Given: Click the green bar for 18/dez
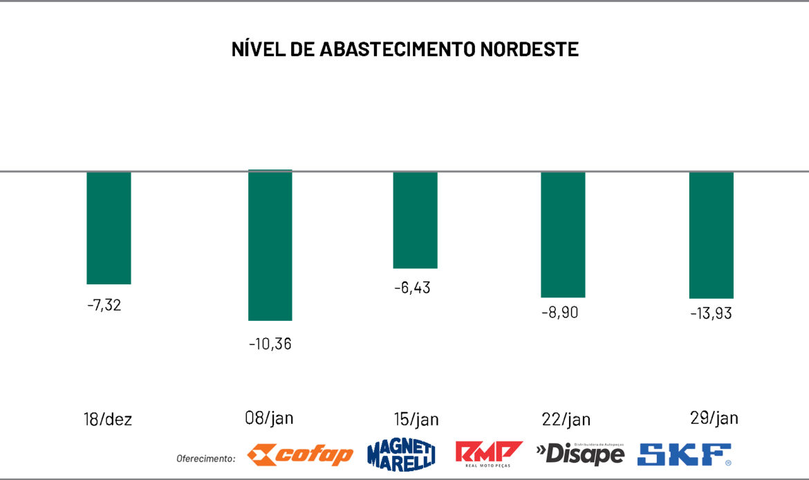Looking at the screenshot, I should tap(109, 228).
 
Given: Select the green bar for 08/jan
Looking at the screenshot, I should tap(270, 246).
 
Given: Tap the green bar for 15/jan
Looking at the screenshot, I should tap(415, 220).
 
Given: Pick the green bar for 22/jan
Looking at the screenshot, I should tap(563, 234).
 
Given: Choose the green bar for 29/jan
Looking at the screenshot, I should tap(711, 235).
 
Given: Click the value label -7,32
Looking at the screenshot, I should tap(104, 305).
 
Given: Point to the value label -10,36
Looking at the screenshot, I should tap(270, 343).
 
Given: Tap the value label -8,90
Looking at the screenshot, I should tap(559, 312).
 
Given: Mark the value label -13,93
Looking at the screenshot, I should tap(711, 313).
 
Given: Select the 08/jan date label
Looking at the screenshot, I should tap(269, 418).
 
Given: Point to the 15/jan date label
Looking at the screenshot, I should tap(415, 420).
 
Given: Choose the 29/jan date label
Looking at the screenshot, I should tap(714, 418).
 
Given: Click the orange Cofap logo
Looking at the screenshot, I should tap(300, 454).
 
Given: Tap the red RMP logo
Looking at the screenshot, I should tap(488, 454).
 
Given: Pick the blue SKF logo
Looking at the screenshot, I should tap(684, 454).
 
